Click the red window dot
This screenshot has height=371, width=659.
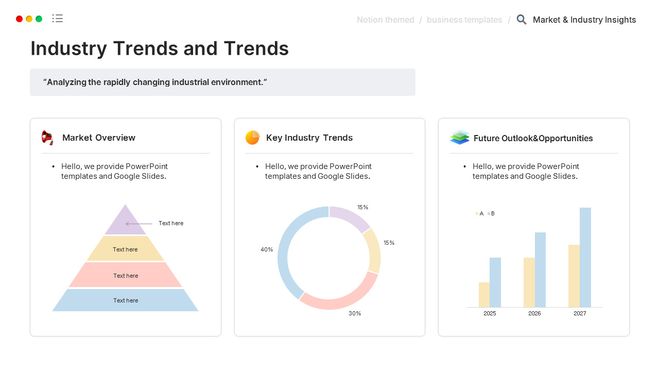(x=20, y=19)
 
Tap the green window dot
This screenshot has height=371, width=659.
(x=39, y=19)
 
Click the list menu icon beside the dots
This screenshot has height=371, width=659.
(x=58, y=19)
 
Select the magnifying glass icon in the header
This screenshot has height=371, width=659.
(x=522, y=20)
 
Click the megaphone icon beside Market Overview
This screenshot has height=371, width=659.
(x=47, y=138)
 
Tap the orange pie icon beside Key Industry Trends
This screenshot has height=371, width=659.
(x=252, y=138)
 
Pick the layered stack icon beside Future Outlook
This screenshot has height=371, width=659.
(x=459, y=138)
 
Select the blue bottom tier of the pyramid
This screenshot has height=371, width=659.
(x=126, y=300)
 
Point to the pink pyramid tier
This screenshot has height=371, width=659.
(x=126, y=275)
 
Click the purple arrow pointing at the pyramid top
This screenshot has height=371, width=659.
(x=139, y=224)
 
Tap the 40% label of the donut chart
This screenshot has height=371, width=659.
(x=267, y=249)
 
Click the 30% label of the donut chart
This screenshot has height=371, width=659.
(x=355, y=313)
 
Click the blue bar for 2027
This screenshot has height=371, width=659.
(x=585, y=258)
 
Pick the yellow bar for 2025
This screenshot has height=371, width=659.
(x=484, y=295)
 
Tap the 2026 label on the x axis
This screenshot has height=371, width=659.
(x=534, y=313)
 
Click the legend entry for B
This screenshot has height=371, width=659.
(x=491, y=213)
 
